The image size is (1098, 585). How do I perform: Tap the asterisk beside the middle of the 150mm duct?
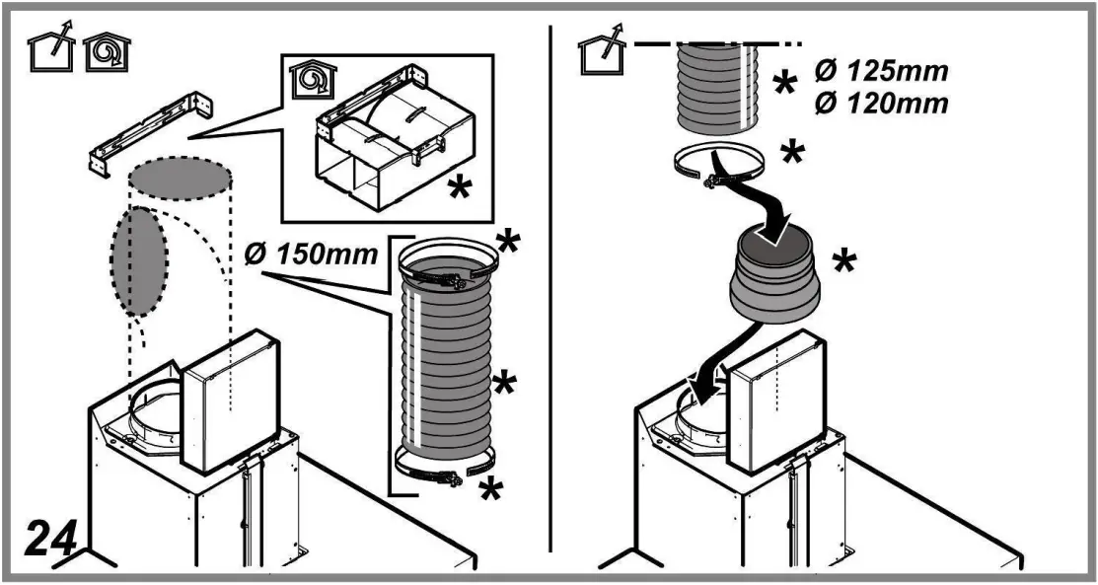505,384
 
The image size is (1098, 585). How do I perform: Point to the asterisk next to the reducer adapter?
843,262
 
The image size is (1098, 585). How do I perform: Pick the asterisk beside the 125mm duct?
784,85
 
